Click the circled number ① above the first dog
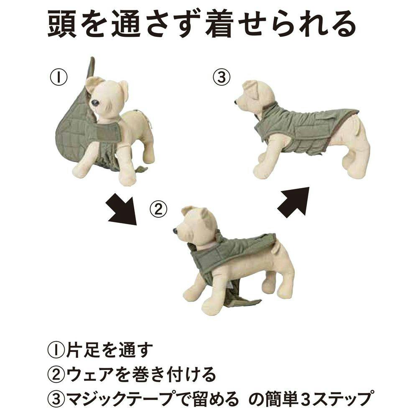tap(59, 77)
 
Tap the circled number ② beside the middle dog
tap(158, 209)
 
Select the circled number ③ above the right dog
tap(221, 77)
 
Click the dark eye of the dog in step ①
tap(95, 103)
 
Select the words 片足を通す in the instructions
tap(109, 350)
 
